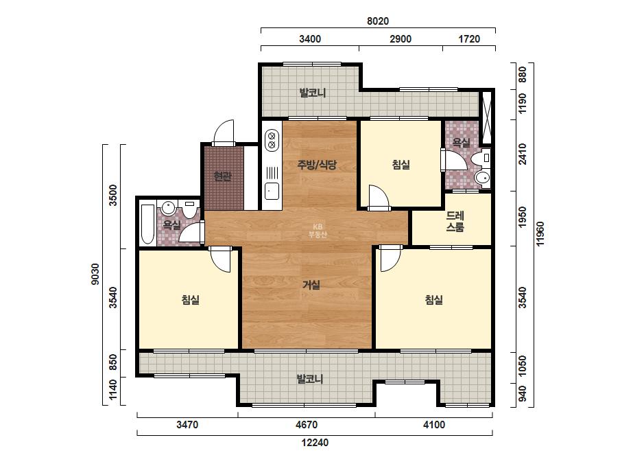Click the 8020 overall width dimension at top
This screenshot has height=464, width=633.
pos(378,21)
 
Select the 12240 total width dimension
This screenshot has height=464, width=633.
pos(315,443)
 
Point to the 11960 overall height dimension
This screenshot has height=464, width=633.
pos(540,233)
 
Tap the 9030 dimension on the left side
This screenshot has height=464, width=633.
pos(95,274)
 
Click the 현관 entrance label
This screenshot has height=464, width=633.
pos(222,176)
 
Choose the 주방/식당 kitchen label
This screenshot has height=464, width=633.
pos(317,165)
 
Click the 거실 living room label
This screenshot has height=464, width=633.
pos(311,285)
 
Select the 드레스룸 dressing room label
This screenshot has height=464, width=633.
pos(455,222)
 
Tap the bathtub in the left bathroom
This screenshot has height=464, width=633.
pos(147,224)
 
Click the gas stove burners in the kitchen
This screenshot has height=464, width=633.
pos(272,139)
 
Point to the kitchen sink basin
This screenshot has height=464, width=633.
pos(272,191)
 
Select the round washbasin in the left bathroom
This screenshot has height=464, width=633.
pos(168,208)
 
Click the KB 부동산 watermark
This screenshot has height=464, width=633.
pos(318,231)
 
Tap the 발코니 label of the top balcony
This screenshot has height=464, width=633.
pos(313,93)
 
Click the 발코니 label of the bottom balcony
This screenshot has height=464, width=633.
pos(310,379)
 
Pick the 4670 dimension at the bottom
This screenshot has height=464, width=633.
pos(307,425)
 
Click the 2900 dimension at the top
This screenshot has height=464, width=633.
pos(401,39)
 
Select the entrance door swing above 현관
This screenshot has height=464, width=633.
pos(224,132)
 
